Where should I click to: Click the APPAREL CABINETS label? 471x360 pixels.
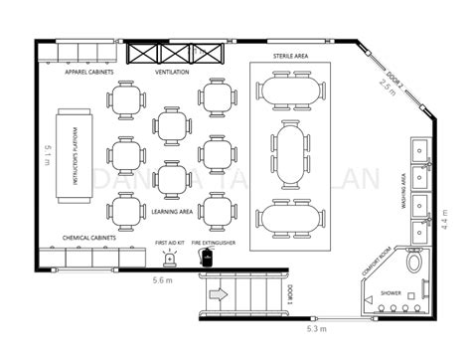pyautogui.click(x=88, y=73)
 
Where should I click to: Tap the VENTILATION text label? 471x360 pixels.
pyautogui.click(x=174, y=73)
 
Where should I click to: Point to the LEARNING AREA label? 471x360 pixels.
pyautogui.click(x=174, y=210)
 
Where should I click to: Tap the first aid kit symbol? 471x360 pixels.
pyautogui.click(x=170, y=259)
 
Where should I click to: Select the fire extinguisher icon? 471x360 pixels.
pyautogui.click(x=207, y=257)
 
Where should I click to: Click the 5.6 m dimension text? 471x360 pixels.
pyautogui.click(x=165, y=281)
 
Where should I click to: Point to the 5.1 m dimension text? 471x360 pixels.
pyautogui.click(x=49, y=155)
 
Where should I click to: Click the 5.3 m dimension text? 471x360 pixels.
pyautogui.click(x=318, y=327)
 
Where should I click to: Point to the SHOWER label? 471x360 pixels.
pyautogui.click(x=390, y=293)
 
